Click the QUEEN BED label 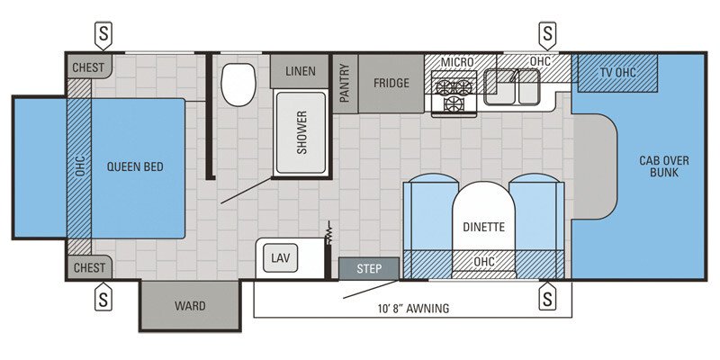(135, 167)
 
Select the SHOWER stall (301, 133)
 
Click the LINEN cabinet (301, 71)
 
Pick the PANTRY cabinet (345, 83)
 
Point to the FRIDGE (391, 83)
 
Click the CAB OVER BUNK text (664, 166)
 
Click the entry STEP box (369, 268)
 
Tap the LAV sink (280, 258)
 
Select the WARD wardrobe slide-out (189, 306)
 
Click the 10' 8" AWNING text (413, 309)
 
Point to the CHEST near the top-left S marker (88, 67)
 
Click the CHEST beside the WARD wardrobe (88, 267)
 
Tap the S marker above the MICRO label (546, 34)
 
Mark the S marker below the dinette (546, 296)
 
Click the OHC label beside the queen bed (79, 167)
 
